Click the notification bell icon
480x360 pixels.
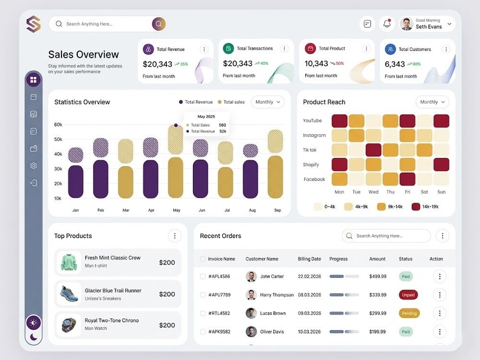tap(387, 24)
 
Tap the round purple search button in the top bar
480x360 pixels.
tap(159, 24)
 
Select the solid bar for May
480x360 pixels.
tap(176, 178)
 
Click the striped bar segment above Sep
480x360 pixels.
tap(275, 141)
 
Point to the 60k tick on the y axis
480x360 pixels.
tap(58, 125)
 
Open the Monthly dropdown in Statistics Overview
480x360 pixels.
tap(267, 102)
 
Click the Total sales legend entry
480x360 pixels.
tap(231, 102)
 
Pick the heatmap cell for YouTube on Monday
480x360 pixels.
tap(339, 121)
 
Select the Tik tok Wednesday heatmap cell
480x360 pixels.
tap(373, 150)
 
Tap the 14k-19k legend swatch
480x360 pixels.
tap(416, 206)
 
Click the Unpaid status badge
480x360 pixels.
tap(408, 295)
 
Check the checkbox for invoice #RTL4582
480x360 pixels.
tap(203, 313)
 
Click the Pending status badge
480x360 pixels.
tap(409, 313)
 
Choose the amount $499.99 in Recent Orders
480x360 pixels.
tap(378, 276)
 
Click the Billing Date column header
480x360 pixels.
tap(310, 259)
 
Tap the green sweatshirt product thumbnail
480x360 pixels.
tap(69, 263)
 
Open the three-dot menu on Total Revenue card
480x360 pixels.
tap(204, 49)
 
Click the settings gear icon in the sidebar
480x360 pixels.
tap(34, 166)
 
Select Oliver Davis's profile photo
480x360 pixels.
tap(252, 332)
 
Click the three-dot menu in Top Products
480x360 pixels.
tap(175, 236)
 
